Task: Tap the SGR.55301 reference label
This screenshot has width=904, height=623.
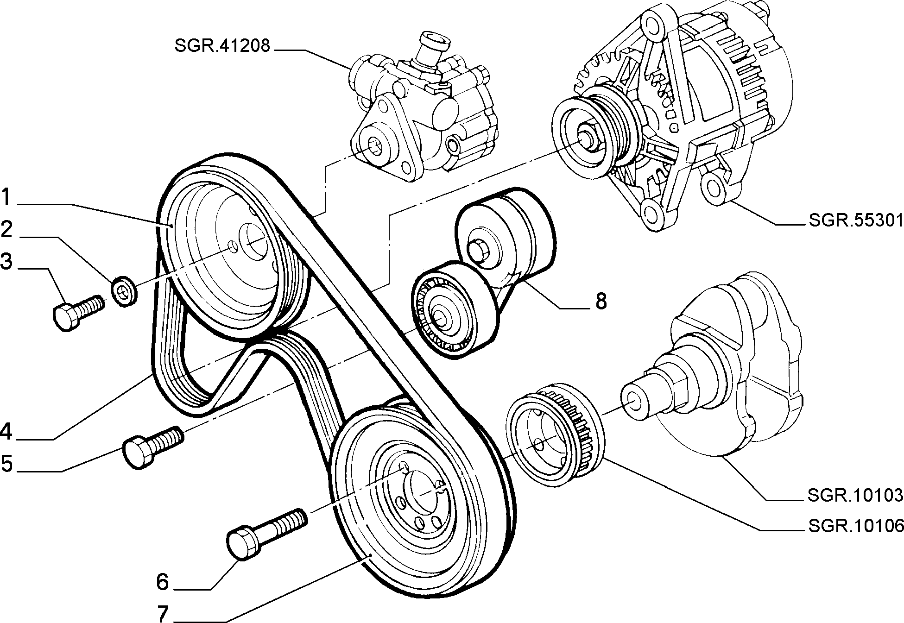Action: (856, 220)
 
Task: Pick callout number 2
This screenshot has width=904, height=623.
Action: (6, 230)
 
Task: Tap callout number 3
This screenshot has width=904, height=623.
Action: (6, 262)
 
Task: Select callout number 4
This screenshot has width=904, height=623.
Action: (6, 431)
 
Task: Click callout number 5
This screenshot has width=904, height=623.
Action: (6, 463)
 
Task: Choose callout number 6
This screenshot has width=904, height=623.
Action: (162, 582)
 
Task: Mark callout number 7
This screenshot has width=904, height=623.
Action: (162, 614)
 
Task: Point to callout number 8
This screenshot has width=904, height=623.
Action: (601, 302)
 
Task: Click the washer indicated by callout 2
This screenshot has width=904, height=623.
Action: (124, 291)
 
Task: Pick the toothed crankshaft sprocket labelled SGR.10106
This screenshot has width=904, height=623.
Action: (554, 433)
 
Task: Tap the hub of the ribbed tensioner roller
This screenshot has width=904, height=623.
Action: (437, 318)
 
